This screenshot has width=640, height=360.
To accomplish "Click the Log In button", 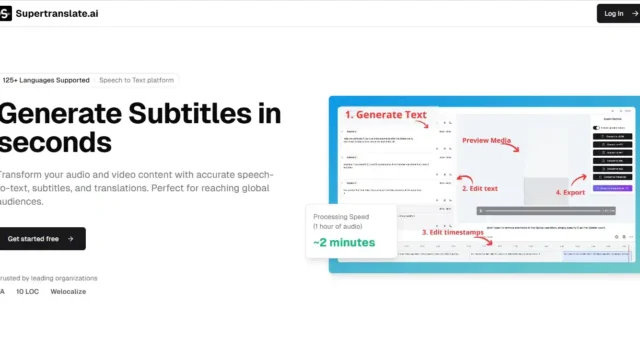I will tap(617, 13).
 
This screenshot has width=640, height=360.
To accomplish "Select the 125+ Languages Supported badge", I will tap(45, 79).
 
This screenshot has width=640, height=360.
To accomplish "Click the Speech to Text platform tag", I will tap(135, 79).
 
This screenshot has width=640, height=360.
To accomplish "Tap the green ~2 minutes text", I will tap(344, 243).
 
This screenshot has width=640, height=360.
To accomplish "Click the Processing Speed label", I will tap(342, 217).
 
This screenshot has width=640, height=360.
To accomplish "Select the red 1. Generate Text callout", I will tap(386, 115).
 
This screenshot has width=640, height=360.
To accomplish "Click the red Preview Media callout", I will tap(488, 141).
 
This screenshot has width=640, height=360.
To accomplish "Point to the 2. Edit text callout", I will tap(480, 187).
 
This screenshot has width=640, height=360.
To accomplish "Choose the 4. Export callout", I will tap(571, 191).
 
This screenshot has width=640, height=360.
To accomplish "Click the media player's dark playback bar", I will tap(545, 210).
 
